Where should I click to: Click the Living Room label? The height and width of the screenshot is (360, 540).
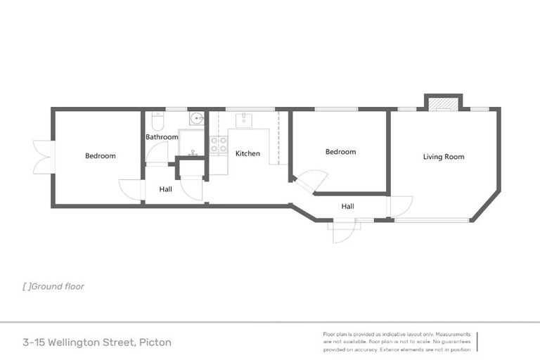tap(443, 157)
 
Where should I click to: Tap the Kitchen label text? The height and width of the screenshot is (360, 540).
tap(247, 153)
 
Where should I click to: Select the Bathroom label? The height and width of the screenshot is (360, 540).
tap(162, 137)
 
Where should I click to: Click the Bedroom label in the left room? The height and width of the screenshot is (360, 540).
tap(100, 156)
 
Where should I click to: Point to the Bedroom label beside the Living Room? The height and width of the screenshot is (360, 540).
tap(340, 152)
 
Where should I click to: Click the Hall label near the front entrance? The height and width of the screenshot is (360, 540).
tap(347, 207)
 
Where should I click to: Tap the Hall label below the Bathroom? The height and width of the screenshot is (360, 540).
tap(165, 189)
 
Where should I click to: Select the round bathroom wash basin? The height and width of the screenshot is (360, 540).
tap(195, 119)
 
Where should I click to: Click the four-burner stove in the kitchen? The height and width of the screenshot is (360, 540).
tap(219, 145)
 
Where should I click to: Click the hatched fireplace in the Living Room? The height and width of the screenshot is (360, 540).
tap(443, 104)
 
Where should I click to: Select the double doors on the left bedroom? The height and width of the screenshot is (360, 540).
tap(44, 156)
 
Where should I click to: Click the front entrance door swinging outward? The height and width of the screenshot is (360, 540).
tap(343, 231)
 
